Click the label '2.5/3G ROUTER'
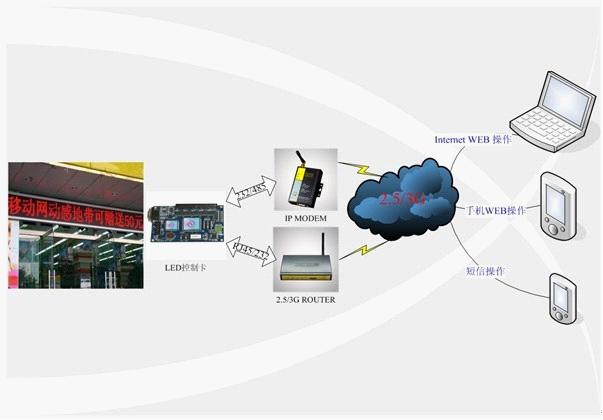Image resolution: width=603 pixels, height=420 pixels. [302, 298]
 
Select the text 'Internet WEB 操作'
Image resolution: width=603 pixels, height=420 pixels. [472, 139]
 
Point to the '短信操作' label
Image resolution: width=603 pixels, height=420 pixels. [486, 271]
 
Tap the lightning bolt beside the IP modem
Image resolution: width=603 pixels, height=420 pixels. [352, 171]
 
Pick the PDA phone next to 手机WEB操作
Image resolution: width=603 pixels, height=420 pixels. [557, 205]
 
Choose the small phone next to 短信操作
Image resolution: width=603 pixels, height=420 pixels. [561, 297]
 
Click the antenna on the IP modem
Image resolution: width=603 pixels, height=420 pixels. [296, 162]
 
